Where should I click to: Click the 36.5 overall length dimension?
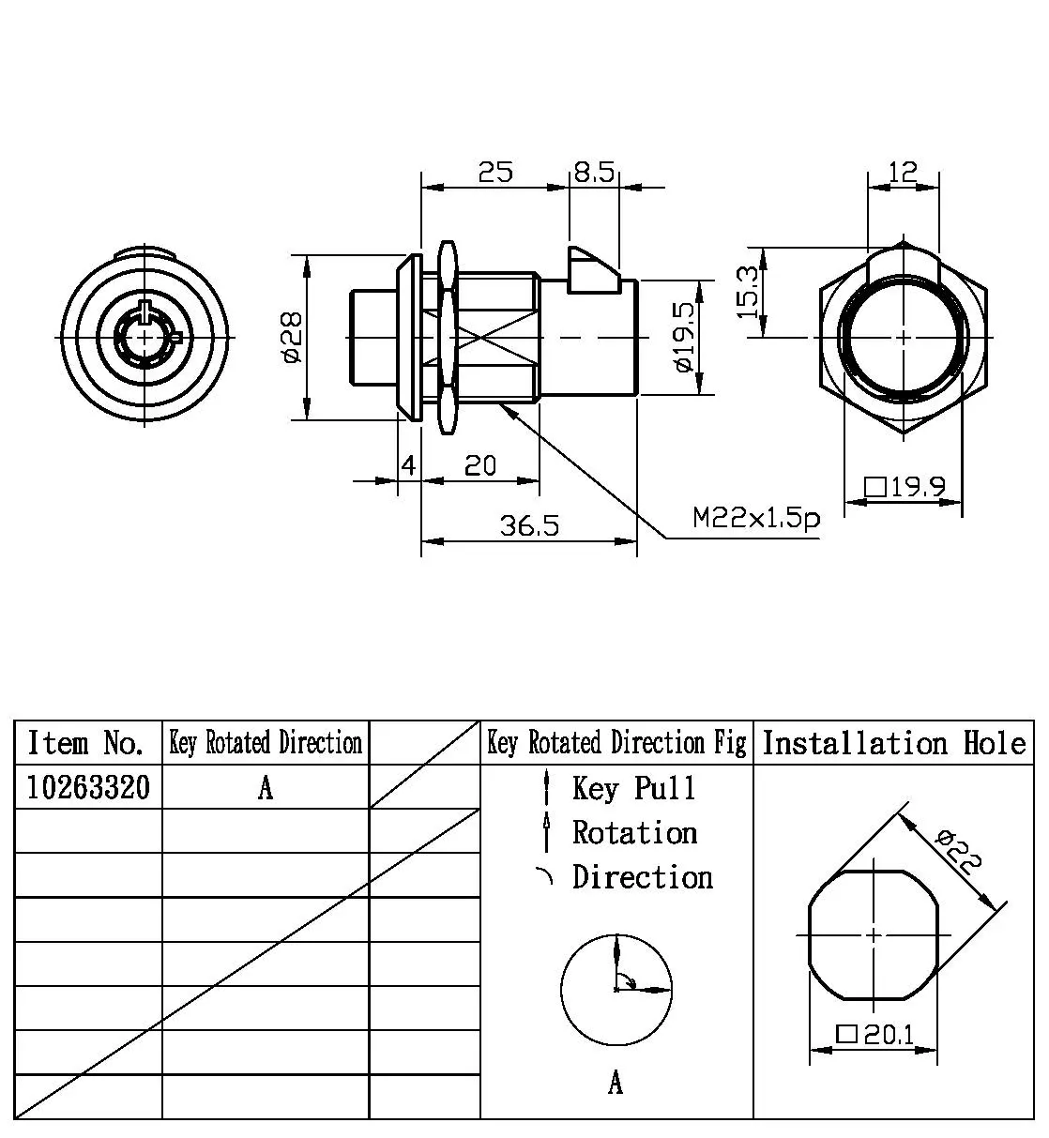pyautogui.click(x=528, y=526)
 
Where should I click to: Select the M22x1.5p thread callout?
pyautogui.click(x=756, y=518)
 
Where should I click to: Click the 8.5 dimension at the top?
pyautogui.click(x=593, y=173)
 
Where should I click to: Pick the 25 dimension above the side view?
pyautogui.click(x=495, y=173)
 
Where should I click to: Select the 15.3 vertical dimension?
pyautogui.click(x=748, y=293)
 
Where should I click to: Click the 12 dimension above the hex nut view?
pyautogui.click(x=902, y=172)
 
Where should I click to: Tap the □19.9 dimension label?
pyautogui.click(x=905, y=488)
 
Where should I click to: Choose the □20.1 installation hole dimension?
pyautogui.click(x=874, y=1035)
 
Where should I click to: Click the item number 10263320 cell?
pyautogui.click(x=88, y=787)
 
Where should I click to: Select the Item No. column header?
pyautogui.click(x=86, y=743)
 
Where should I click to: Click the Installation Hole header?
pyautogui.click(x=893, y=743)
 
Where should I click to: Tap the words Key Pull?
pyautogui.click(x=634, y=788)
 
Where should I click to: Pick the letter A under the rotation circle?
pyautogui.click(x=616, y=1084)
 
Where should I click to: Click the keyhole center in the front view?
pyautogui.click(x=144, y=337)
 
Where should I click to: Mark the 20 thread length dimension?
pyautogui.click(x=480, y=466)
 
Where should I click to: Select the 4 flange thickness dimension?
pyautogui.click(x=408, y=466)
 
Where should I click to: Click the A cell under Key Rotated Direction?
pyautogui.click(x=266, y=788)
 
